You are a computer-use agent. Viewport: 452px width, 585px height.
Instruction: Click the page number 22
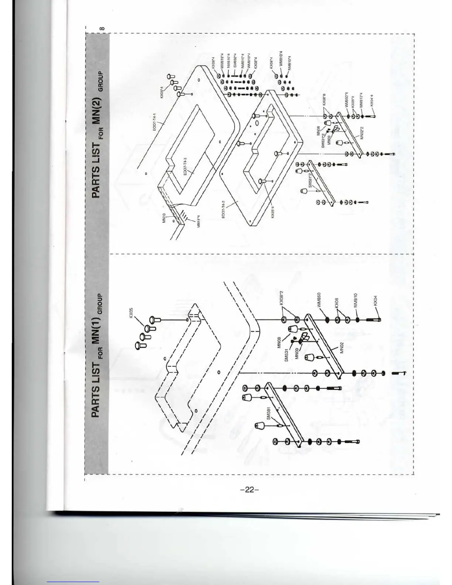point(250,490)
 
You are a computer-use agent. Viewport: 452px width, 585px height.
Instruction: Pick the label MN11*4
point(198,221)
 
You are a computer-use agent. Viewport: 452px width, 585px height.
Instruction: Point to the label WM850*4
point(346,100)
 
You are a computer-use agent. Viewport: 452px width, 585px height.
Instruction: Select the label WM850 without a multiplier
point(319,300)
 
